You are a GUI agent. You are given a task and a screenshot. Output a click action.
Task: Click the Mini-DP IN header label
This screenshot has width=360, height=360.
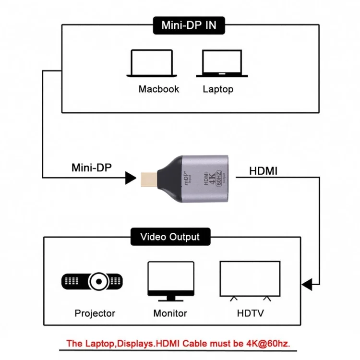(x=189, y=25)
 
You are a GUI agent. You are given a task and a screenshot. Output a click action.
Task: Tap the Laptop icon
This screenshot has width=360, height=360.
(x=221, y=63)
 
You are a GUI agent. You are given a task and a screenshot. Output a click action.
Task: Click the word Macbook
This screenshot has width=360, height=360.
(x=158, y=89)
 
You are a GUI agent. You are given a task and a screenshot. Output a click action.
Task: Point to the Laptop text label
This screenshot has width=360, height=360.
(x=218, y=89)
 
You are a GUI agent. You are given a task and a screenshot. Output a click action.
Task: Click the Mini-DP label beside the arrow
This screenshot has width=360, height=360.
(x=91, y=168)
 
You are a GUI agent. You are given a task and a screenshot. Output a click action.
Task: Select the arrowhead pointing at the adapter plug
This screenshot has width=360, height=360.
(x=130, y=179)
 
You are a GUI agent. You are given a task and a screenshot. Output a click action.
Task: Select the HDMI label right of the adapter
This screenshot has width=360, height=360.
(x=263, y=170)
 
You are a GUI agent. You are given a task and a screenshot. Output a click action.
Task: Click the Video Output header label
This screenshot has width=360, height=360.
(x=169, y=237)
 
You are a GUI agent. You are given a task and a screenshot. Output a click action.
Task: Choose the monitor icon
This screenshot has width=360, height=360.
(x=170, y=281)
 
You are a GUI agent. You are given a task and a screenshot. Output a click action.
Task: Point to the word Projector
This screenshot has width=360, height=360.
(x=95, y=313)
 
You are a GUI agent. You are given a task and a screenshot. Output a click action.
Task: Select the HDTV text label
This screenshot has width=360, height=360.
(x=250, y=313)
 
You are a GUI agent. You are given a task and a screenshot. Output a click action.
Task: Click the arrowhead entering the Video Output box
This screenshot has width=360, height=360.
(x=307, y=285)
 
